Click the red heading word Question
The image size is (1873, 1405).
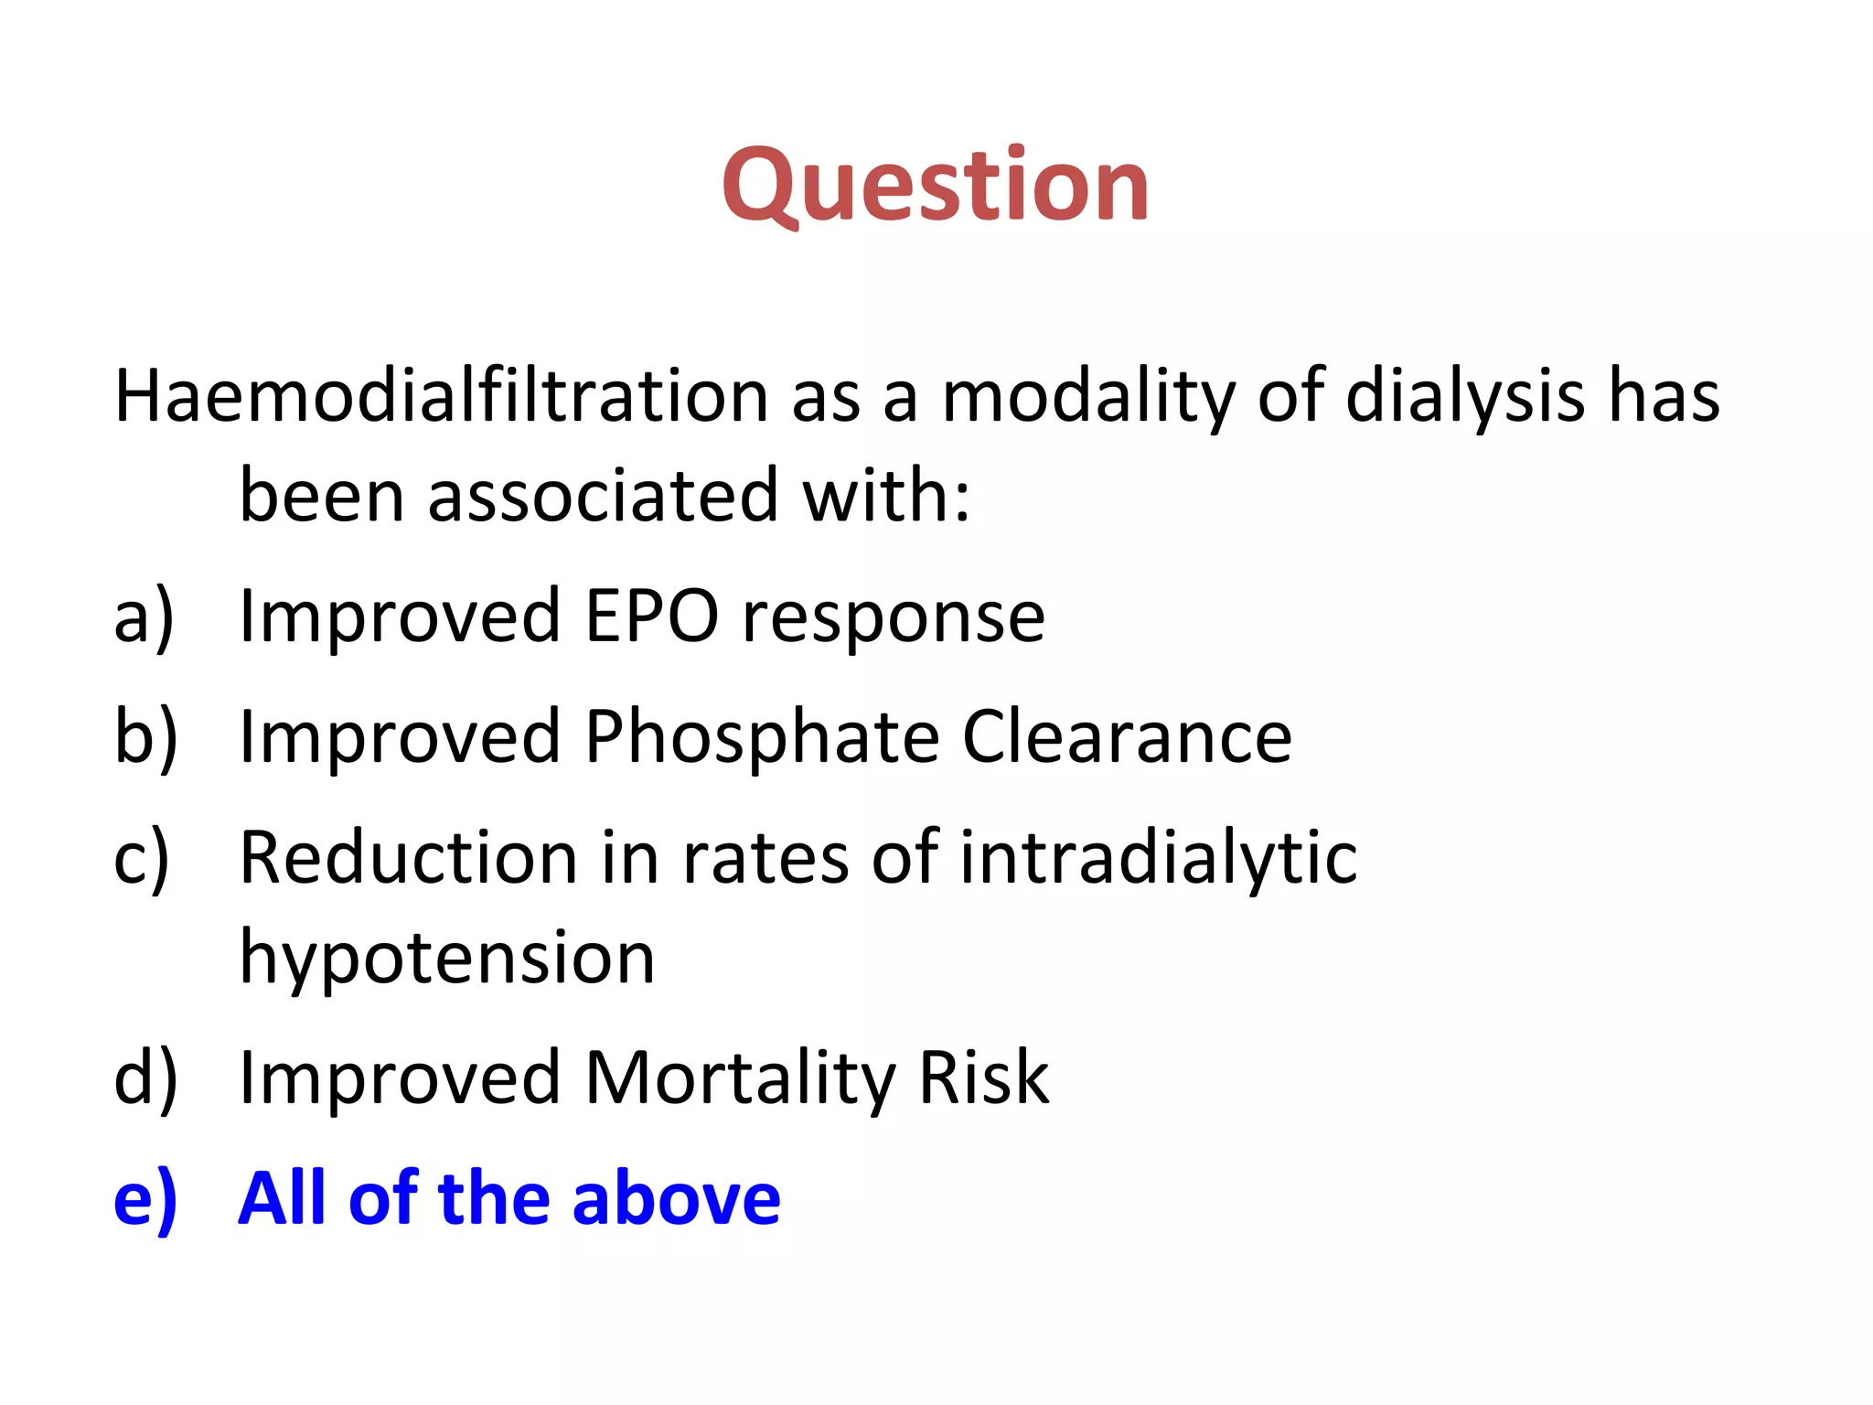(x=935, y=187)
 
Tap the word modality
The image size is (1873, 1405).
(x=1087, y=397)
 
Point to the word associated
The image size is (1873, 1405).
(x=603, y=497)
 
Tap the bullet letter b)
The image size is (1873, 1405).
(x=144, y=737)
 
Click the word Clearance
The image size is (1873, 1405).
(x=1127, y=737)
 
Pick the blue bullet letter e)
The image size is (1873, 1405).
(x=144, y=1199)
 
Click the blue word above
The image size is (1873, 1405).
(x=676, y=1199)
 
